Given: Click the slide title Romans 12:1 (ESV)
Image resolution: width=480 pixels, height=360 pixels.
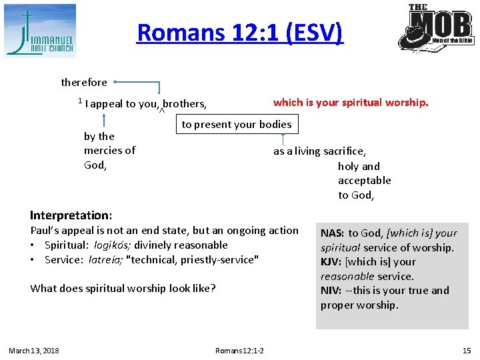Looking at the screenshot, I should click(239, 32).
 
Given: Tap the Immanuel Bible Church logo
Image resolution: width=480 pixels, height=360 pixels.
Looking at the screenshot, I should click(40, 31).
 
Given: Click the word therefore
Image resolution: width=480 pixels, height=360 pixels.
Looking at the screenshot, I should click(84, 83).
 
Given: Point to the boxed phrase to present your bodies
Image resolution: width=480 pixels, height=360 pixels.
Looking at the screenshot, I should click(237, 125).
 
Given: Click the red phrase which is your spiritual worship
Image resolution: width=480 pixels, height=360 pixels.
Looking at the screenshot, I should click(351, 103).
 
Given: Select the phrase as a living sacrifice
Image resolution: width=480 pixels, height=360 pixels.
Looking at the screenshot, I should click(319, 152).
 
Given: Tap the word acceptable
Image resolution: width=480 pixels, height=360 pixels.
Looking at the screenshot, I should click(364, 181).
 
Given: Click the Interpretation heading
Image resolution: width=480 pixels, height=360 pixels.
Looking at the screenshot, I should click(71, 215).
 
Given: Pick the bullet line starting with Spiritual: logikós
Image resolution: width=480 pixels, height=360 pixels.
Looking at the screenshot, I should click(136, 245).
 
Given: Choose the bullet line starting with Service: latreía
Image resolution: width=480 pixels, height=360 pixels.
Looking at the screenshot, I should click(151, 260).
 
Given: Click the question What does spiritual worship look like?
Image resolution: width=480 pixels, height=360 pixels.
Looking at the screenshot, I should click(123, 289).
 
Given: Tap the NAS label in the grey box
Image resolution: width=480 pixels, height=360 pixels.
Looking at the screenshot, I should click(332, 233).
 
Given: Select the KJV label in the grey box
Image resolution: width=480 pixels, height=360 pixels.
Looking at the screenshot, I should click(331, 262).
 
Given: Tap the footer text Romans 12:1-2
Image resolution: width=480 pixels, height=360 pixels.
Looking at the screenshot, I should click(239, 351).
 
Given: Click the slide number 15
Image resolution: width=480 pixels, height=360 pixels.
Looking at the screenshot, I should click(466, 351).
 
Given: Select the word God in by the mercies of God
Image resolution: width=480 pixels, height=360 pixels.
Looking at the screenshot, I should click(95, 165).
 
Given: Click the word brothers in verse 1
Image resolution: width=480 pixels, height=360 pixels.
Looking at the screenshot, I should click(185, 104).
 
